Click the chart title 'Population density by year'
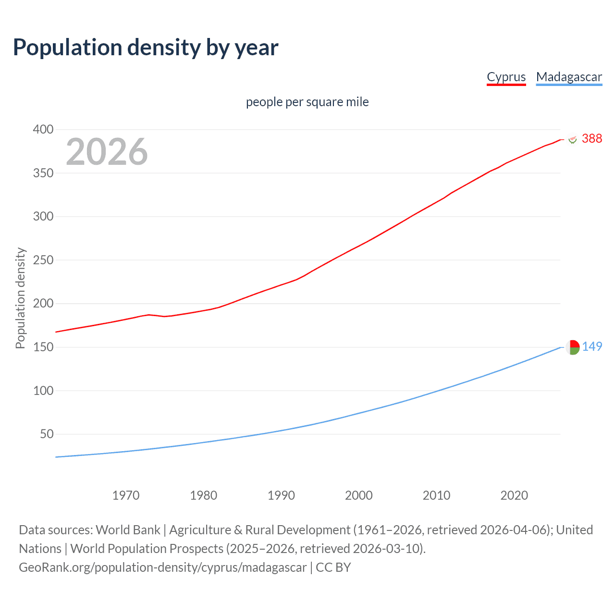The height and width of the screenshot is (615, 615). pos(146,48)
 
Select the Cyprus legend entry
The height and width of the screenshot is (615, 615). pos(506,77)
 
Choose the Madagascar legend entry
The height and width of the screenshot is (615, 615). pos(569,77)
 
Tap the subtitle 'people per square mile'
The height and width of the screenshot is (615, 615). pos(307,102)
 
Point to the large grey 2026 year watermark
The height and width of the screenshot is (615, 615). pos(107,152)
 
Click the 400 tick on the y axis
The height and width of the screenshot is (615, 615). pos(43,129)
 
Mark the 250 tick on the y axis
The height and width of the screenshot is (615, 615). pos(43,260)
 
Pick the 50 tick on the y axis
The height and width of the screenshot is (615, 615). pos(47,434)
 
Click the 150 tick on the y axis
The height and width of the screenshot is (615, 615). pos(43,347)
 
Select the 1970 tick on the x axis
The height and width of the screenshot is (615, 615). pos(126,495)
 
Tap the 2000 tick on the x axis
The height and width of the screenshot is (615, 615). pos(359,495)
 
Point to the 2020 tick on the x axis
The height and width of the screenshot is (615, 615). pos(514,495)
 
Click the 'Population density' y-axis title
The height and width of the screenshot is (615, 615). pos(20,298)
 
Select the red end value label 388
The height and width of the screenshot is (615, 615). pos(591,138)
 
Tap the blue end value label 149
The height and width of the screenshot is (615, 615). pos(592,346)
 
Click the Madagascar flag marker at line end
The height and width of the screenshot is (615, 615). pos(572,347)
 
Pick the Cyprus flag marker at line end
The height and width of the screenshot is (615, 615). pos(572,139)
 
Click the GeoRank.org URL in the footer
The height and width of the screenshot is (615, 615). pos(162,567)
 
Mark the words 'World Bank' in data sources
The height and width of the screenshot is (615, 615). pos(128,530)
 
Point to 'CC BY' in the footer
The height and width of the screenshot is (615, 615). pos(333,567)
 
